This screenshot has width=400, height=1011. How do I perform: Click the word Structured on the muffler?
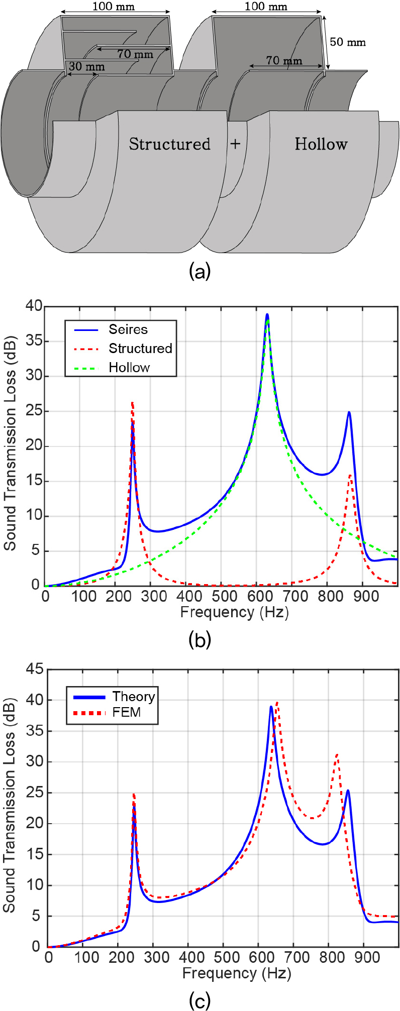pos(169,144)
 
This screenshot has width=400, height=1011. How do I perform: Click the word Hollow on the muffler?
pos(321,144)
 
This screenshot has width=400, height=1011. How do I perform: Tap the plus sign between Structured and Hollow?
pos(235,144)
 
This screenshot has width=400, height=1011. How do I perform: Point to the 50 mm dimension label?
pos(348,42)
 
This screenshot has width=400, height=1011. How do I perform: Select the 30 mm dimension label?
pos(86,66)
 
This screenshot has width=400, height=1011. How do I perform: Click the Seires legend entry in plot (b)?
pos(128,329)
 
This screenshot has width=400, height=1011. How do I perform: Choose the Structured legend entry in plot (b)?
pos(140,349)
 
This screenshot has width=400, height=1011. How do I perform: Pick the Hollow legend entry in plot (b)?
pos(129,368)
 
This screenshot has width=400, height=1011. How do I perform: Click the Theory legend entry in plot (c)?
pos(133,697)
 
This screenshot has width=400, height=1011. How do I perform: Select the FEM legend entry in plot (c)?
pos(127,712)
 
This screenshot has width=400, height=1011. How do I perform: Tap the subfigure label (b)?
pos(199,640)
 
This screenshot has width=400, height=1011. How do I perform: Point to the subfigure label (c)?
pos(199,1001)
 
